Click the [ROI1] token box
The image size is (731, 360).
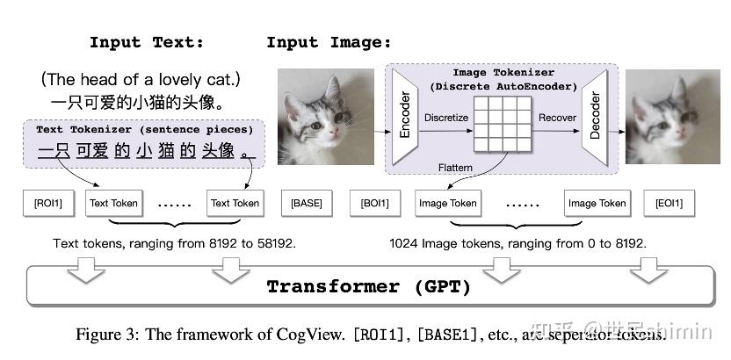(48, 203)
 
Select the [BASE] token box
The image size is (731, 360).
(307, 203)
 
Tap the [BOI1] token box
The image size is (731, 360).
(374, 203)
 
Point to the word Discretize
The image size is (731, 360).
(445, 117)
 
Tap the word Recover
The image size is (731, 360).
(557, 117)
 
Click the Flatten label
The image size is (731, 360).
(457, 167)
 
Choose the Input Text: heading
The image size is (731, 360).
(147, 42)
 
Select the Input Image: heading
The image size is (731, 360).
(329, 42)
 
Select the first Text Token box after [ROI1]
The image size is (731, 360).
(113, 203)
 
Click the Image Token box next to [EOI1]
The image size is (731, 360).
(597, 203)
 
